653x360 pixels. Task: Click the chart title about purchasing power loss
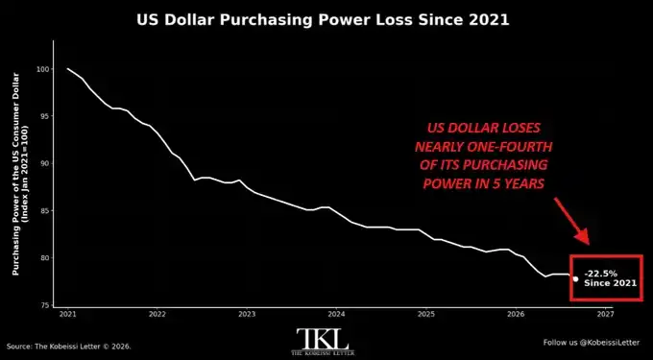tap(323, 20)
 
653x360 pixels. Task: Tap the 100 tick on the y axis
tap(43, 69)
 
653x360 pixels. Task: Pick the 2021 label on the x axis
tap(67, 313)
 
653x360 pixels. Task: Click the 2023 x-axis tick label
tap(247, 313)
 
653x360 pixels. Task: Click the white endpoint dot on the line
tap(575, 278)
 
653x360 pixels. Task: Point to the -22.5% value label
tap(600, 274)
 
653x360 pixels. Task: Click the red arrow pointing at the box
tap(571, 222)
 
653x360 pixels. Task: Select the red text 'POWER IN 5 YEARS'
tap(483, 183)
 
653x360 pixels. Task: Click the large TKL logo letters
tap(323, 339)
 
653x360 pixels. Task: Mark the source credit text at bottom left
tap(69, 346)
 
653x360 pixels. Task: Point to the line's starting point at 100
tap(67, 69)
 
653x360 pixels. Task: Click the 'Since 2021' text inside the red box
tap(610, 283)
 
